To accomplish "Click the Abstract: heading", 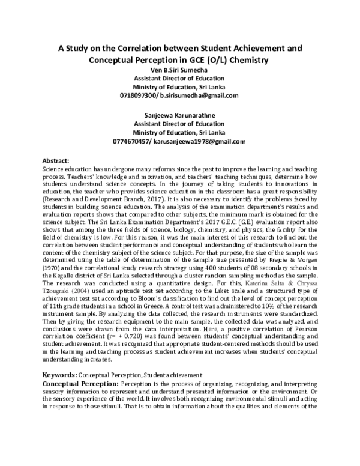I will tap(56, 162).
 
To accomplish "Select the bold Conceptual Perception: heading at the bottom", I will tap(80, 383).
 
